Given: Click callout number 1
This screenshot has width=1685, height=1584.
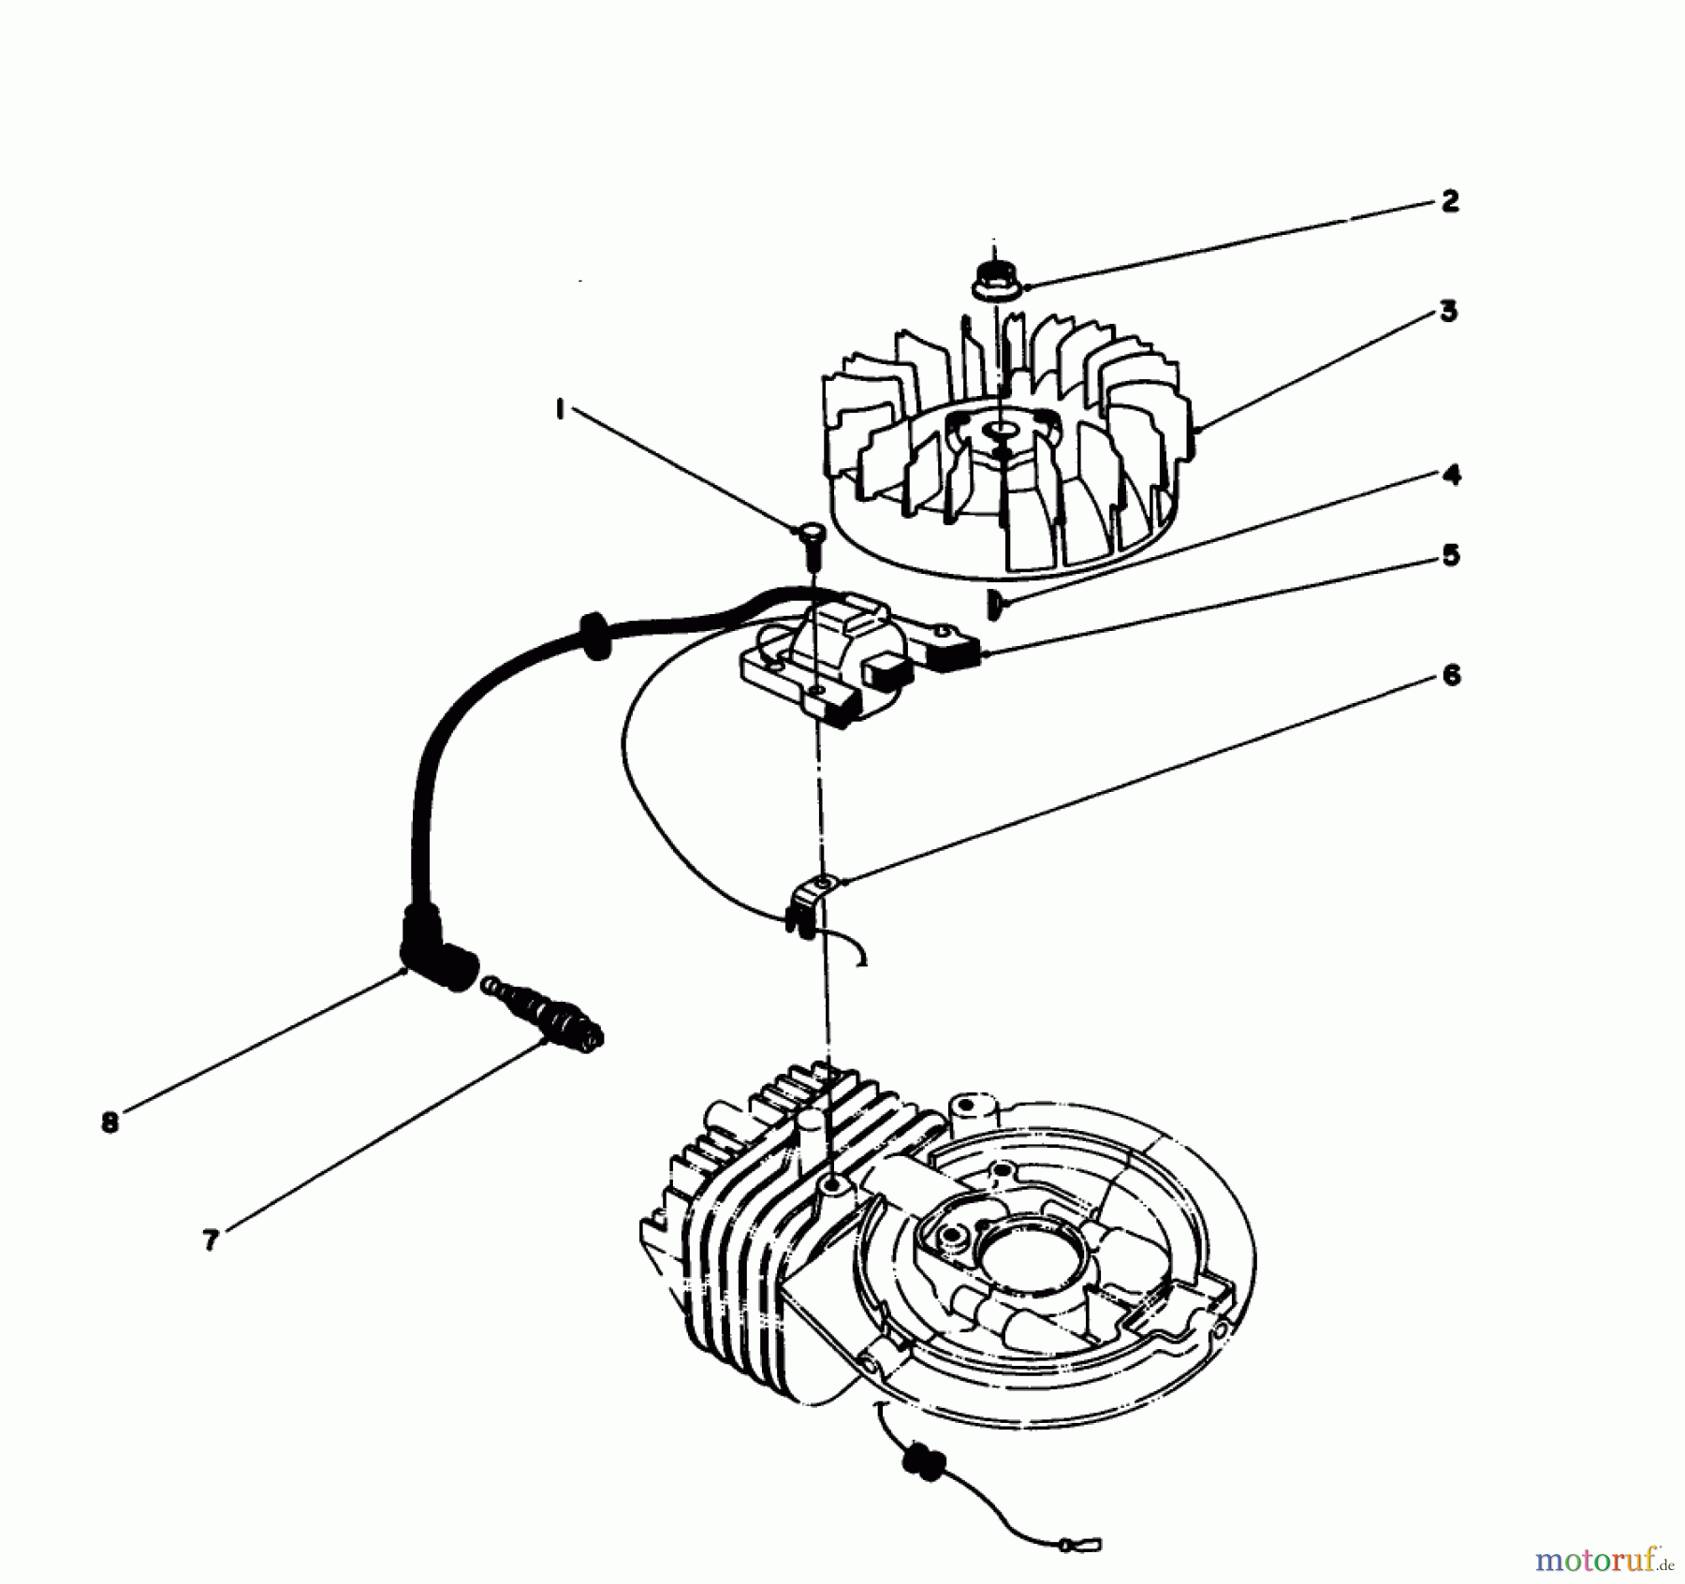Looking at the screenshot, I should coord(560,409).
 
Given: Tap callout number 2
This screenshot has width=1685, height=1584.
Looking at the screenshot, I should coord(1449,200).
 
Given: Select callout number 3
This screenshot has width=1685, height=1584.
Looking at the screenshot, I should coord(1448,311).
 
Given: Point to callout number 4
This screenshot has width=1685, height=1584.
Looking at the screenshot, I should coord(1451,476).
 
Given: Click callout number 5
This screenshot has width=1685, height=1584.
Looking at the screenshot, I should coord(1450,556).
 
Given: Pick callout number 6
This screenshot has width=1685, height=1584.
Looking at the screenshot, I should coord(1451,676).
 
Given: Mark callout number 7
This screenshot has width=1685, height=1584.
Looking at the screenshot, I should coord(211,1240).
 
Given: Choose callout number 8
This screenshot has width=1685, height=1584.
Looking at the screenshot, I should coord(110,1122).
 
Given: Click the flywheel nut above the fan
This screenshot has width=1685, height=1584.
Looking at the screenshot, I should coord(995,279).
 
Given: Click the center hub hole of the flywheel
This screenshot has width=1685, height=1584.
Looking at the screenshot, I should coord(1001,430).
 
